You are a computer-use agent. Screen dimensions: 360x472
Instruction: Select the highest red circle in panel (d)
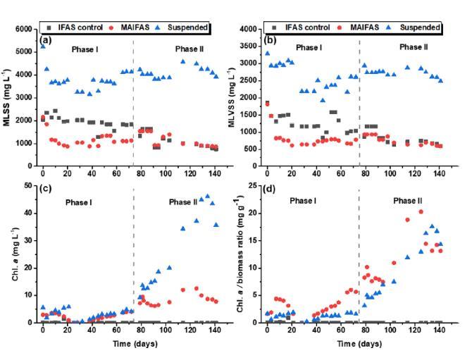coord(421,211)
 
